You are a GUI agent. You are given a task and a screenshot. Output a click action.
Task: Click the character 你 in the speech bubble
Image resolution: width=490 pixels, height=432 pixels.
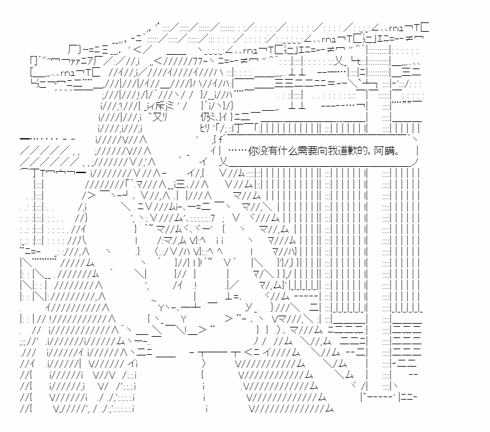click(253, 151)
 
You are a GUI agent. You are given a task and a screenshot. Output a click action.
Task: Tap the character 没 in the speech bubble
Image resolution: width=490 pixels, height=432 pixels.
click(262, 151)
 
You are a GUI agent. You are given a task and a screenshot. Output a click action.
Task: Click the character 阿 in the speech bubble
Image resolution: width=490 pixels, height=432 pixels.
click(379, 151)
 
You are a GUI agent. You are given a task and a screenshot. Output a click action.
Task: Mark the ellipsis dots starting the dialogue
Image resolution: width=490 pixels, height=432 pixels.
click(238, 151)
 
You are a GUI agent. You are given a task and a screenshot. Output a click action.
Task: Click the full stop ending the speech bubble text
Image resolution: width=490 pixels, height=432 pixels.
click(397, 154)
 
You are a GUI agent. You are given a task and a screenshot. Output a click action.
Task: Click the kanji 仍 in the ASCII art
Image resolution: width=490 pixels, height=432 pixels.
click(206, 118)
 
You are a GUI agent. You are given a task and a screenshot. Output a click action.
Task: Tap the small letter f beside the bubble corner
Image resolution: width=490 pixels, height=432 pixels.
click(220, 139)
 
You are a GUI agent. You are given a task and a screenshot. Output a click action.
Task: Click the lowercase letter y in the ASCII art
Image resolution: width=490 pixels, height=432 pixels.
click(249, 307)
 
